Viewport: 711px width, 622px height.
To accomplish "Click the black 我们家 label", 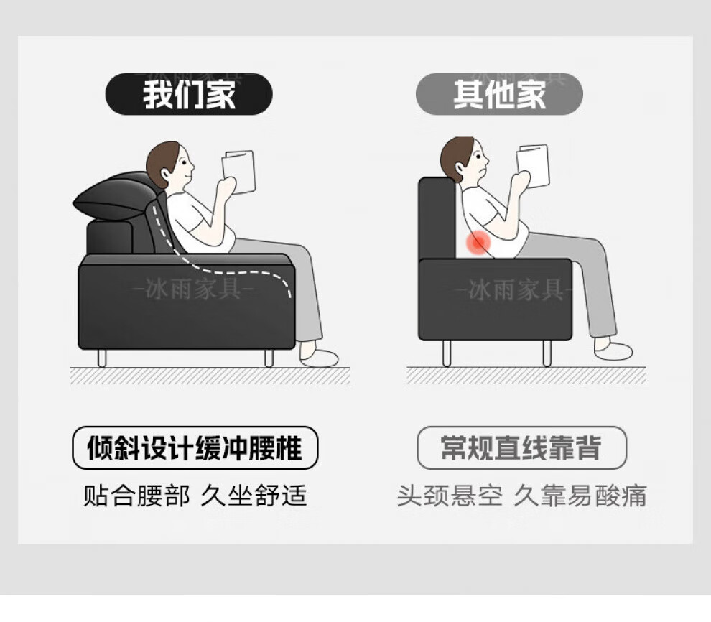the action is (x=189, y=94).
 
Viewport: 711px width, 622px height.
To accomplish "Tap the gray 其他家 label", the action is (x=499, y=94).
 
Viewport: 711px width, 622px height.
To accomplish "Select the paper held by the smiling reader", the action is (x=238, y=172).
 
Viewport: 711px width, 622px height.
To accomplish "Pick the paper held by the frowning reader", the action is (x=533, y=165).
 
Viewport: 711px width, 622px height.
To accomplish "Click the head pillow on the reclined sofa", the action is (x=116, y=196).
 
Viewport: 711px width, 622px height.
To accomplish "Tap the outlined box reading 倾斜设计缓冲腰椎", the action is (x=195, y=447).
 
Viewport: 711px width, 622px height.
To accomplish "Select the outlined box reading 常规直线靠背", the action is (x=521, y=447).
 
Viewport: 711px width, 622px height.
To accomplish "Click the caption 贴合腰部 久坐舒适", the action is (x=195, y=496).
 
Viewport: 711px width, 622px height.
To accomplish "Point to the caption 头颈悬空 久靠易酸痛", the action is (x=521, y=496).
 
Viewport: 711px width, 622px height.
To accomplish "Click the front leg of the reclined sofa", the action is (x=269, y=358).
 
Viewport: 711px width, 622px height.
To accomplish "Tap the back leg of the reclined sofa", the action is (x=102, y=358).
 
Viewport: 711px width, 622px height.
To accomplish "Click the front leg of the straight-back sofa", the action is (x=547, y=353).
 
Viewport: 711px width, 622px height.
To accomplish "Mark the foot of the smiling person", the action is (x=319, y=357).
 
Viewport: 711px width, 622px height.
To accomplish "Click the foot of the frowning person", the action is (x=613, y=351).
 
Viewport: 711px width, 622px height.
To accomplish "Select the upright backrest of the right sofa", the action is (x=437, y=218).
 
